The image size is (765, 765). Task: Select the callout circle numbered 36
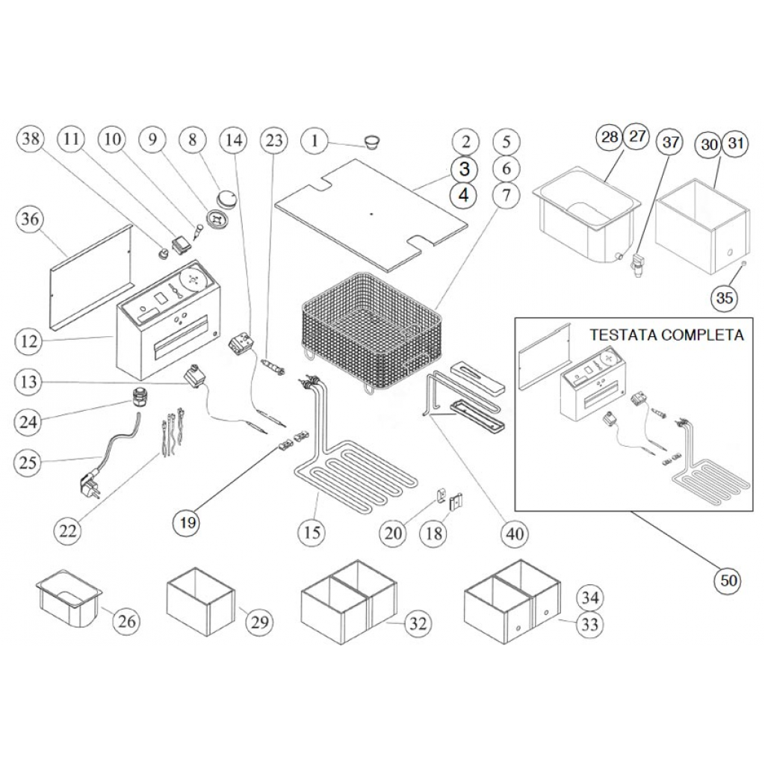click(x=32, y=220)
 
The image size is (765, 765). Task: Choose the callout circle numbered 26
click(x=126, y=620)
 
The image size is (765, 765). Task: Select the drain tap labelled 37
click(x=637, y=265)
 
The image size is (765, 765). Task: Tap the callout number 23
click(x=274, y=140)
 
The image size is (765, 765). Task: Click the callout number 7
click(x=507, y=196)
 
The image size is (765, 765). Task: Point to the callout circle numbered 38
click(x=32, y=139)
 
